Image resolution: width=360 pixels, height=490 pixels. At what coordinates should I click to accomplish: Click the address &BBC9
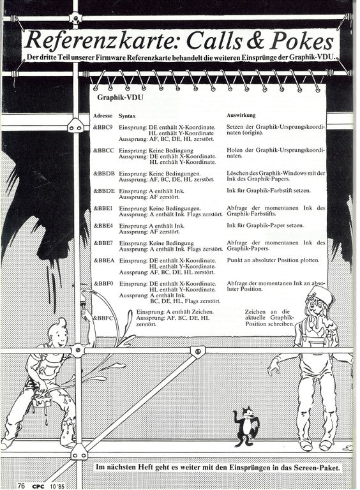(x=103, y=127)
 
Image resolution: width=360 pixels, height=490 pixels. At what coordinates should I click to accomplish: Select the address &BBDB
(x=104, y=173)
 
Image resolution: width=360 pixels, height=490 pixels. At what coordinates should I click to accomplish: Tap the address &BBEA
(x=105, y=260)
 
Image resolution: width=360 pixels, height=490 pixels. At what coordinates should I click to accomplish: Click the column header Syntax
(x=127, y=116)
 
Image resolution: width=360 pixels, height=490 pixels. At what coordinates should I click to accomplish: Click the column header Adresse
(x=103, y=116)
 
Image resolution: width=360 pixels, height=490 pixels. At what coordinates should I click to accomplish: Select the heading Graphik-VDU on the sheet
(x=120, y=98)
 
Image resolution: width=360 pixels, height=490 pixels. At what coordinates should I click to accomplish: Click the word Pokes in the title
(x=301, y=41)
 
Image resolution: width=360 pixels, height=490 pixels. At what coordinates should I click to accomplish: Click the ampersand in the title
(x=255, y=41)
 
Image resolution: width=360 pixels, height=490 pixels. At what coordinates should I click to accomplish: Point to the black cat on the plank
(x=246, y=426)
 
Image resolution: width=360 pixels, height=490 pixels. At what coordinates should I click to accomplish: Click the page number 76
(x=21, y=486)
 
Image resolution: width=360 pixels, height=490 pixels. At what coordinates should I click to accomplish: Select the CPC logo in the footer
(x=38, y=486)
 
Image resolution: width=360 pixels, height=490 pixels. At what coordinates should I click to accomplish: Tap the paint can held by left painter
(x=41, y=399)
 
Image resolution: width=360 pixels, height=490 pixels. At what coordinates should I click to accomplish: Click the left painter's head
(x=59, y=333)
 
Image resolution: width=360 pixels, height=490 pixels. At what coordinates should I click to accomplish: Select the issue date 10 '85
(x=57, y=486)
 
